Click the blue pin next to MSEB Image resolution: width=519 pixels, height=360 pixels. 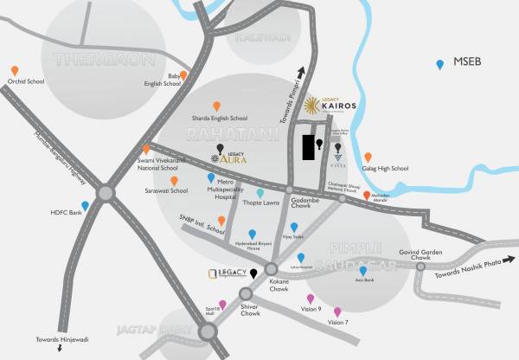(441, 64)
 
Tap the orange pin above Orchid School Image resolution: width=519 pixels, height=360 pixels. (15, 71)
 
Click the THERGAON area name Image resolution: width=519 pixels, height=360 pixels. (104, 60)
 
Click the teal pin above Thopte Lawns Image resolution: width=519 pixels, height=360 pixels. (260, 193)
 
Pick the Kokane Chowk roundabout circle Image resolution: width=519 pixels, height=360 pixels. (272, 270)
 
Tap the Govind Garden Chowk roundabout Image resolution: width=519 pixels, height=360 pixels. (420, 267)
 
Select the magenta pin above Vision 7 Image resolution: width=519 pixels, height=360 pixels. (337, 312)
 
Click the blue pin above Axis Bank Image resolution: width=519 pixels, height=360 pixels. (363, 271)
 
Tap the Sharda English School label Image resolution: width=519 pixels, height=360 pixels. (219, 118)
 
